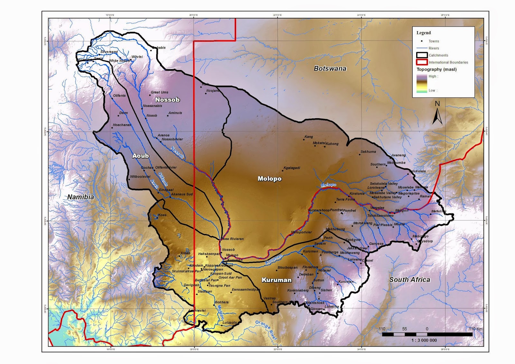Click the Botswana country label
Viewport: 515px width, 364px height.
pyautogui.click(x=330, y=68)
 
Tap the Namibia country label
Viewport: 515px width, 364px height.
pyautogui.click(x=80, y=197)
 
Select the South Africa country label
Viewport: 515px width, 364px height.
pyautogui.click(x=409, y=280)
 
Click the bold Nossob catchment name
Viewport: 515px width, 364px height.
pyautogui.click(x=167, y=100)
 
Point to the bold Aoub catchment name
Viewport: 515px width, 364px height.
pyautogui.click(x=141, y=156)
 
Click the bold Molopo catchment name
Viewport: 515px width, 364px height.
pyautogui.click(x=269, y=179)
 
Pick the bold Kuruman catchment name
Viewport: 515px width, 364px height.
pyautogui.click(x=276, y=280)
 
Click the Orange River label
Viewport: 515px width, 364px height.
pyautogui.click(x=266, y=330)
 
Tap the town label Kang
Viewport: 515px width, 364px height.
pyautogui.click(x=309, y=137)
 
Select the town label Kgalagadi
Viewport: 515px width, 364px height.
pyautogui.click(x=292, y=168)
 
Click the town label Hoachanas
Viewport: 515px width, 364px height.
pyautogui.click(x=122, y=125)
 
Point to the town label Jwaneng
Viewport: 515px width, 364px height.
pyautogui.click(x=398, y=155)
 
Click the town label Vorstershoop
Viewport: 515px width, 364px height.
pyautogui.click(x=319, y=210)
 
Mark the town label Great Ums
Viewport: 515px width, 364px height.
pyautogui.click(x=160, y=92)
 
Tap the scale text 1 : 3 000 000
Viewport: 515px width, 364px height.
pyautogui.click(x=424, y=340)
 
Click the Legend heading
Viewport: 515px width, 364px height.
pyautogui.click(x=423, y=33)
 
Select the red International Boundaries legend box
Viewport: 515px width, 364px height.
pyautogui.click(x=422, y=62)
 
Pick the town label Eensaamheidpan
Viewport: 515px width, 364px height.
pyautogui.click(x=246, y=290)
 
